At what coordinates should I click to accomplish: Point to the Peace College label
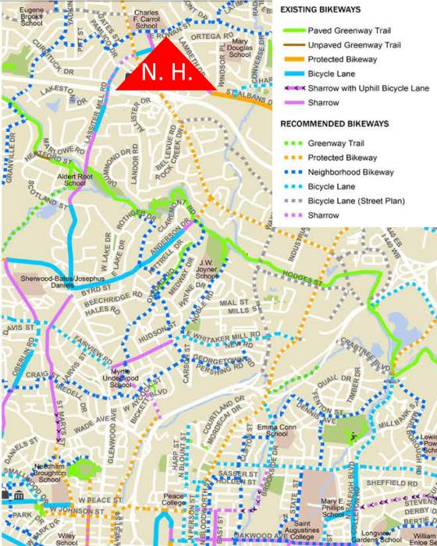[174, 499]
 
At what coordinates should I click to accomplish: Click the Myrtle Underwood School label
[126, 376]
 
